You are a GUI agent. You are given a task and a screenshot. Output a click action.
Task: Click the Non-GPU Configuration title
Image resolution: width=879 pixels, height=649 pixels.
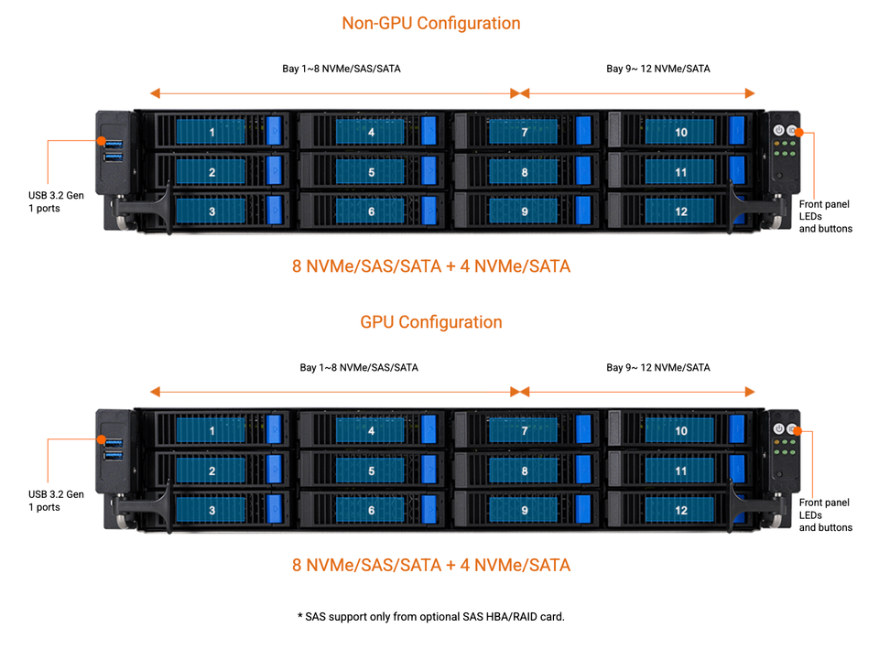coord(431,23)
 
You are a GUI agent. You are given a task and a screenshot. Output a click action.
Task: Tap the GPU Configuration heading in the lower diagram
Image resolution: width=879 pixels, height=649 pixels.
coord(431,322)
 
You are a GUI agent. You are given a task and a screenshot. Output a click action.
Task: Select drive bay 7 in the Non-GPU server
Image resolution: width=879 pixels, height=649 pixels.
coord(524,132)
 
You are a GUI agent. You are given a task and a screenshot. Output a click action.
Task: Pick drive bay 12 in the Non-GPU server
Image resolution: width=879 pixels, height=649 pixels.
coord(680,211)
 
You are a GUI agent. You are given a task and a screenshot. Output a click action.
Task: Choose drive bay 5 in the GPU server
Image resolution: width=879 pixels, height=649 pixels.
coord(371,471)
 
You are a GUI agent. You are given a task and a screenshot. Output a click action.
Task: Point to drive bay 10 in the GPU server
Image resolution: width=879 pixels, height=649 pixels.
coord(680,431)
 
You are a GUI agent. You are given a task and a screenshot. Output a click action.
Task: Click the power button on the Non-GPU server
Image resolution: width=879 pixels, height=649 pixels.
coord(778,131)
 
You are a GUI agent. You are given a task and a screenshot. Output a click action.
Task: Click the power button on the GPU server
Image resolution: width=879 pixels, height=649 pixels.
coord(778,428)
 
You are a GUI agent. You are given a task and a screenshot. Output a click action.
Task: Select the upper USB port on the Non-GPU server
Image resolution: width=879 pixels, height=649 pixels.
coord(114,144)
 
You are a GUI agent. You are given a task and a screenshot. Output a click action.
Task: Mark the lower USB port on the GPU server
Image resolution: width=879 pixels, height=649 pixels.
coord(114,456)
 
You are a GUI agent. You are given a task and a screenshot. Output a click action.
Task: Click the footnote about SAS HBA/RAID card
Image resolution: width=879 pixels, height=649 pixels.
coord(431,616)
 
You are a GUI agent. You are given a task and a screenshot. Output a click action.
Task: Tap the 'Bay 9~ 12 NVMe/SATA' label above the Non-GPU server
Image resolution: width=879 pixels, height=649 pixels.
coord(658,69)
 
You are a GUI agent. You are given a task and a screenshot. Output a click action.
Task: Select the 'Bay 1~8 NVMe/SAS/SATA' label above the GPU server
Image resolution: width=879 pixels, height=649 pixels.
coord(359,368)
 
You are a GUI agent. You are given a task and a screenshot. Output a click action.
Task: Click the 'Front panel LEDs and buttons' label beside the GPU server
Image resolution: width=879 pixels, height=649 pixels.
coord(825,515)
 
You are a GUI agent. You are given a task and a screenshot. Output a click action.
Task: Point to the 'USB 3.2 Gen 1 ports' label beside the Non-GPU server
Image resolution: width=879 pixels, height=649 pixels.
coord(56,201)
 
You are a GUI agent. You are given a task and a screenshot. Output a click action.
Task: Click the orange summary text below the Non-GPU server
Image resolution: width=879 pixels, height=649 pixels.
coord(431,266)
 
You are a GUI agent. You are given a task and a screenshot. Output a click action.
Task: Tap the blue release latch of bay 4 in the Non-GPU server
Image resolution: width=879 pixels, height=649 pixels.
coord(429,131)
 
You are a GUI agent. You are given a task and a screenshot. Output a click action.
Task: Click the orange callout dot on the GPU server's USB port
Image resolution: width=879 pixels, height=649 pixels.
coord(102,439)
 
